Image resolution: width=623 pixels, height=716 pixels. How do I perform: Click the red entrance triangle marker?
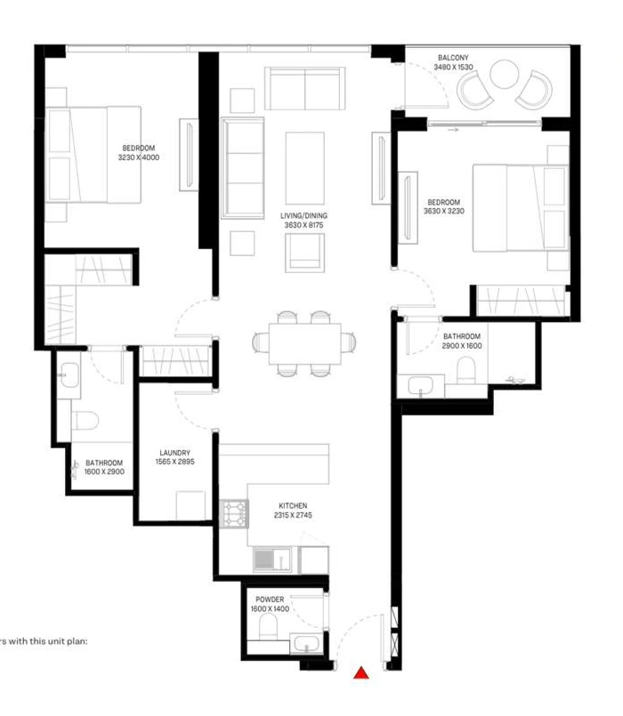[361, 672]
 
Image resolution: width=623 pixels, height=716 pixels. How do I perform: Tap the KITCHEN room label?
[293, 505]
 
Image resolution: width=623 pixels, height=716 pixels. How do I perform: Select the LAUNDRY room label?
[175, 453]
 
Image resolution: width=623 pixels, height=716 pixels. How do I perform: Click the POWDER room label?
[270, 599]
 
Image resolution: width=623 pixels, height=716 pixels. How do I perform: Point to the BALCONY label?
[453, 58]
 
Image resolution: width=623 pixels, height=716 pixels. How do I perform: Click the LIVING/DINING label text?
[304, 215]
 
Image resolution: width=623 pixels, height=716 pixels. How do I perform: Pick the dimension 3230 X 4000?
[139, 157]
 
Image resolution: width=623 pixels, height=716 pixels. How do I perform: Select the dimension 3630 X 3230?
[444, 211]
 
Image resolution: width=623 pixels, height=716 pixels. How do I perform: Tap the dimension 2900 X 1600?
[462, 346]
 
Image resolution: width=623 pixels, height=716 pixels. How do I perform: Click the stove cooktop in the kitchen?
[234, 514]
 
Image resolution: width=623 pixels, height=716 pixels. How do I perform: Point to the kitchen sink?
[272, 559]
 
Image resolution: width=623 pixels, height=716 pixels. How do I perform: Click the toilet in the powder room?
[268, 626]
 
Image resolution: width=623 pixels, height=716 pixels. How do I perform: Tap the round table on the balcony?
[504, 74]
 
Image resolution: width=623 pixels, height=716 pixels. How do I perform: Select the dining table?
[305, 343]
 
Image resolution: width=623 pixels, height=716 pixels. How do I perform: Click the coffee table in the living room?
[305, 168]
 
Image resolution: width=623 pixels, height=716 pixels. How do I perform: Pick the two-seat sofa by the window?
[305, 89]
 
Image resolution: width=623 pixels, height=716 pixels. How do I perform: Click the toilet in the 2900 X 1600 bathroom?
[466, 370]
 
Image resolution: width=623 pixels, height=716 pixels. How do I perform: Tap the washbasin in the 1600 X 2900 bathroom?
[70, 374]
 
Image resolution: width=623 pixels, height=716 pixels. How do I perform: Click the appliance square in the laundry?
[190, 505]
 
